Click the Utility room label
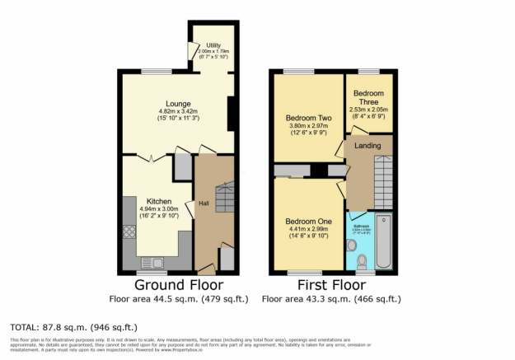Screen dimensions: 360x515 tap(213, 44)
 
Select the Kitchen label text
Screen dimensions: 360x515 tap(159, 201)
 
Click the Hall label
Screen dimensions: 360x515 tap(203, 204)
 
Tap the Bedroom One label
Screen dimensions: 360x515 tap(308, 222)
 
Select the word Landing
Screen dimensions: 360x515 tap(368, 145)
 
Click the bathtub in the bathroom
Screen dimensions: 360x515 tap(385, 239)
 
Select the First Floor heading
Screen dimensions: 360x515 tap(333, 285)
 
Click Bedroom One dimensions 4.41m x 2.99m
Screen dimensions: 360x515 tap(308, 231)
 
